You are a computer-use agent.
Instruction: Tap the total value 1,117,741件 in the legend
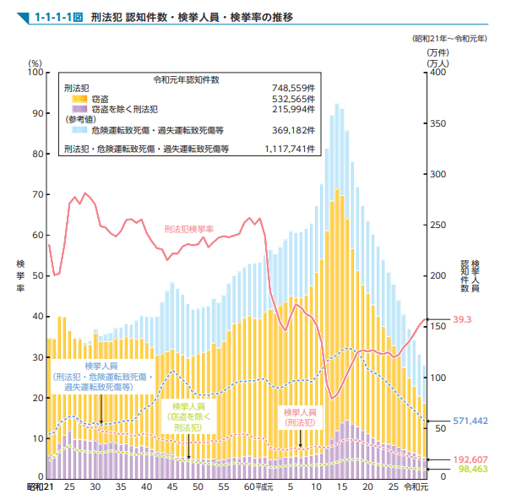(x=288, y=149)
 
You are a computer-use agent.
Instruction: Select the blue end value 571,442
(x=470, y=421)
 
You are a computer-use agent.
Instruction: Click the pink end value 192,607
(x=470, y=459)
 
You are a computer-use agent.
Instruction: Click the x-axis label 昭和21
(x=40, y=488)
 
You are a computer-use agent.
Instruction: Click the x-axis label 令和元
(x=416, y=488)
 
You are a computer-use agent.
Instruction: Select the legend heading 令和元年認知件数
(x=186, y=79)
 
